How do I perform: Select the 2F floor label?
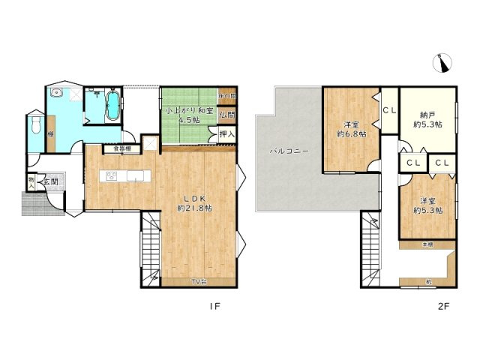pos(444,305)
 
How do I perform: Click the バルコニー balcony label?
pos(286,151)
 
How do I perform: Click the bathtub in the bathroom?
pos(112,105)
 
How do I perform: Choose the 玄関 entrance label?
pos(50,181)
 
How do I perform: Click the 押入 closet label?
pos(226,135)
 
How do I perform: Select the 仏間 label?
pos(227,115)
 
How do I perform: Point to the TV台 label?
pos(198,281)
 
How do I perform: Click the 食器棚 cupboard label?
pos(122,149)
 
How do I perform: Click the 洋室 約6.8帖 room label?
pos(351,129)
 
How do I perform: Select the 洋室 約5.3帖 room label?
pos(427,205)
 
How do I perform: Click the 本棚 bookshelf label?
pos(426,244)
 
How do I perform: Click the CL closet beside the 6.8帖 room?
pos(389,111)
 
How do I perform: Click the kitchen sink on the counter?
pos(112,177)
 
